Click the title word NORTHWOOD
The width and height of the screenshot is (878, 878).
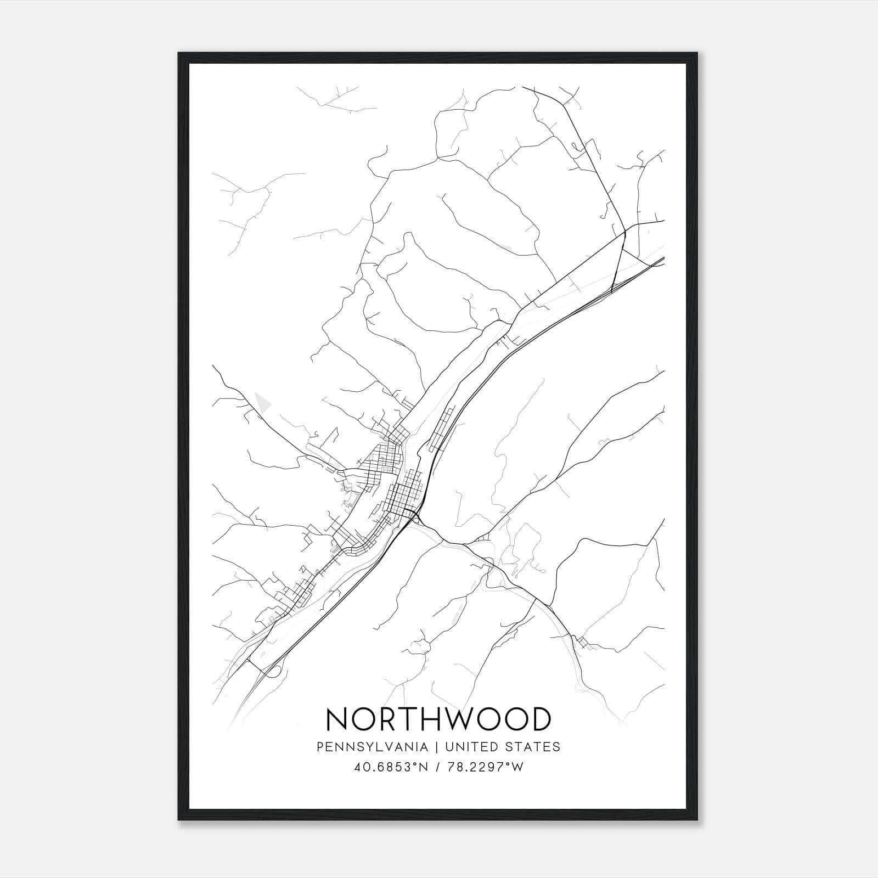[438, 719]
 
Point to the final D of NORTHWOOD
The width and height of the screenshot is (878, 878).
[539, 719]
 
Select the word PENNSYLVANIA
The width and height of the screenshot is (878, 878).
[372, 747]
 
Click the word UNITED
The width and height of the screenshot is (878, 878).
[471, 747]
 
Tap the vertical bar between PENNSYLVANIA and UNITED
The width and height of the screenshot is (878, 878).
[437, 747]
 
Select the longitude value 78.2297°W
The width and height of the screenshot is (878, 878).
[485, 767]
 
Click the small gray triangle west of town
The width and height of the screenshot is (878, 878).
[263, 402]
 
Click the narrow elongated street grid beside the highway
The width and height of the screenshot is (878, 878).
[442, 428]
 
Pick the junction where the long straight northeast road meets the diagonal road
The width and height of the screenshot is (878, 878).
[625, 234]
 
